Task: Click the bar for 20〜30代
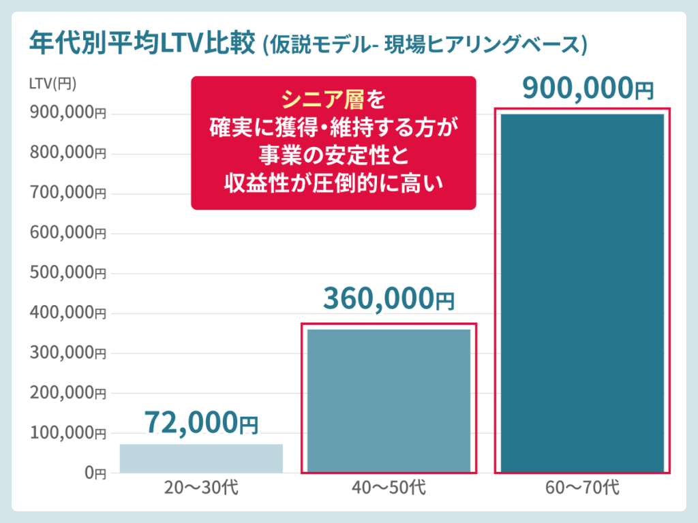[201, 458]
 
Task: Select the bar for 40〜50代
[389, 400]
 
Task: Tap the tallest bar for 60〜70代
[582, 293]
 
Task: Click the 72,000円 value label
[201, 424]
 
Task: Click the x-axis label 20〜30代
[201, 488]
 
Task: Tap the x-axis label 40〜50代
[389, 488]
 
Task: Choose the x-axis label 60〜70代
[582, 488]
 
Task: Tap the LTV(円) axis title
[53, 84]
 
